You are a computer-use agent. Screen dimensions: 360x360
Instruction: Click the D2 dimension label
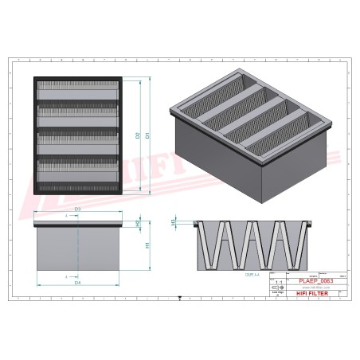click(138, 135)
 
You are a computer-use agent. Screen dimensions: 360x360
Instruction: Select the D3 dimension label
click(77, 209)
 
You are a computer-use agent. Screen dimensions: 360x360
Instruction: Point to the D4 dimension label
click(77, 282)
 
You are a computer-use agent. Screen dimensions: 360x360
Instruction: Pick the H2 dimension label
click(138, 225)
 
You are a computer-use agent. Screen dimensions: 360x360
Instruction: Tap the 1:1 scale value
click(277, 282)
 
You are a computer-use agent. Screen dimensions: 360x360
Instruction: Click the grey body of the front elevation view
click(77, 251)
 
